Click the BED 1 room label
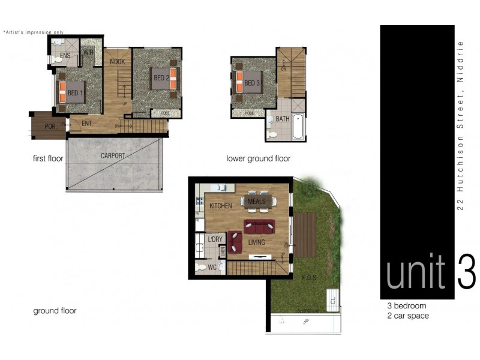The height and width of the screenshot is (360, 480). [75, 93]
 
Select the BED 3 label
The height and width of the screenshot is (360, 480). [253, 83]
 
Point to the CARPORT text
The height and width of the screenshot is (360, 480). [113, 156]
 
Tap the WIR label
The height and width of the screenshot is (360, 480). [89, 53]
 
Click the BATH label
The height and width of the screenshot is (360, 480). [283, 119]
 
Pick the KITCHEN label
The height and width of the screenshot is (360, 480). [220, 206]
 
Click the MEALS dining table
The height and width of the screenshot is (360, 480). [256, 201]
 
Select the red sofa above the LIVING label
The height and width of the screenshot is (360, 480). [259, 227]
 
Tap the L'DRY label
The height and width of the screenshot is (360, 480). [215, 240]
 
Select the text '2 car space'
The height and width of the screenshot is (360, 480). [408, 316]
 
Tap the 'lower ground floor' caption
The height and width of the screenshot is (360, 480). [258, 159]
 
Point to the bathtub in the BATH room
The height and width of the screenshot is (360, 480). [298, 126]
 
